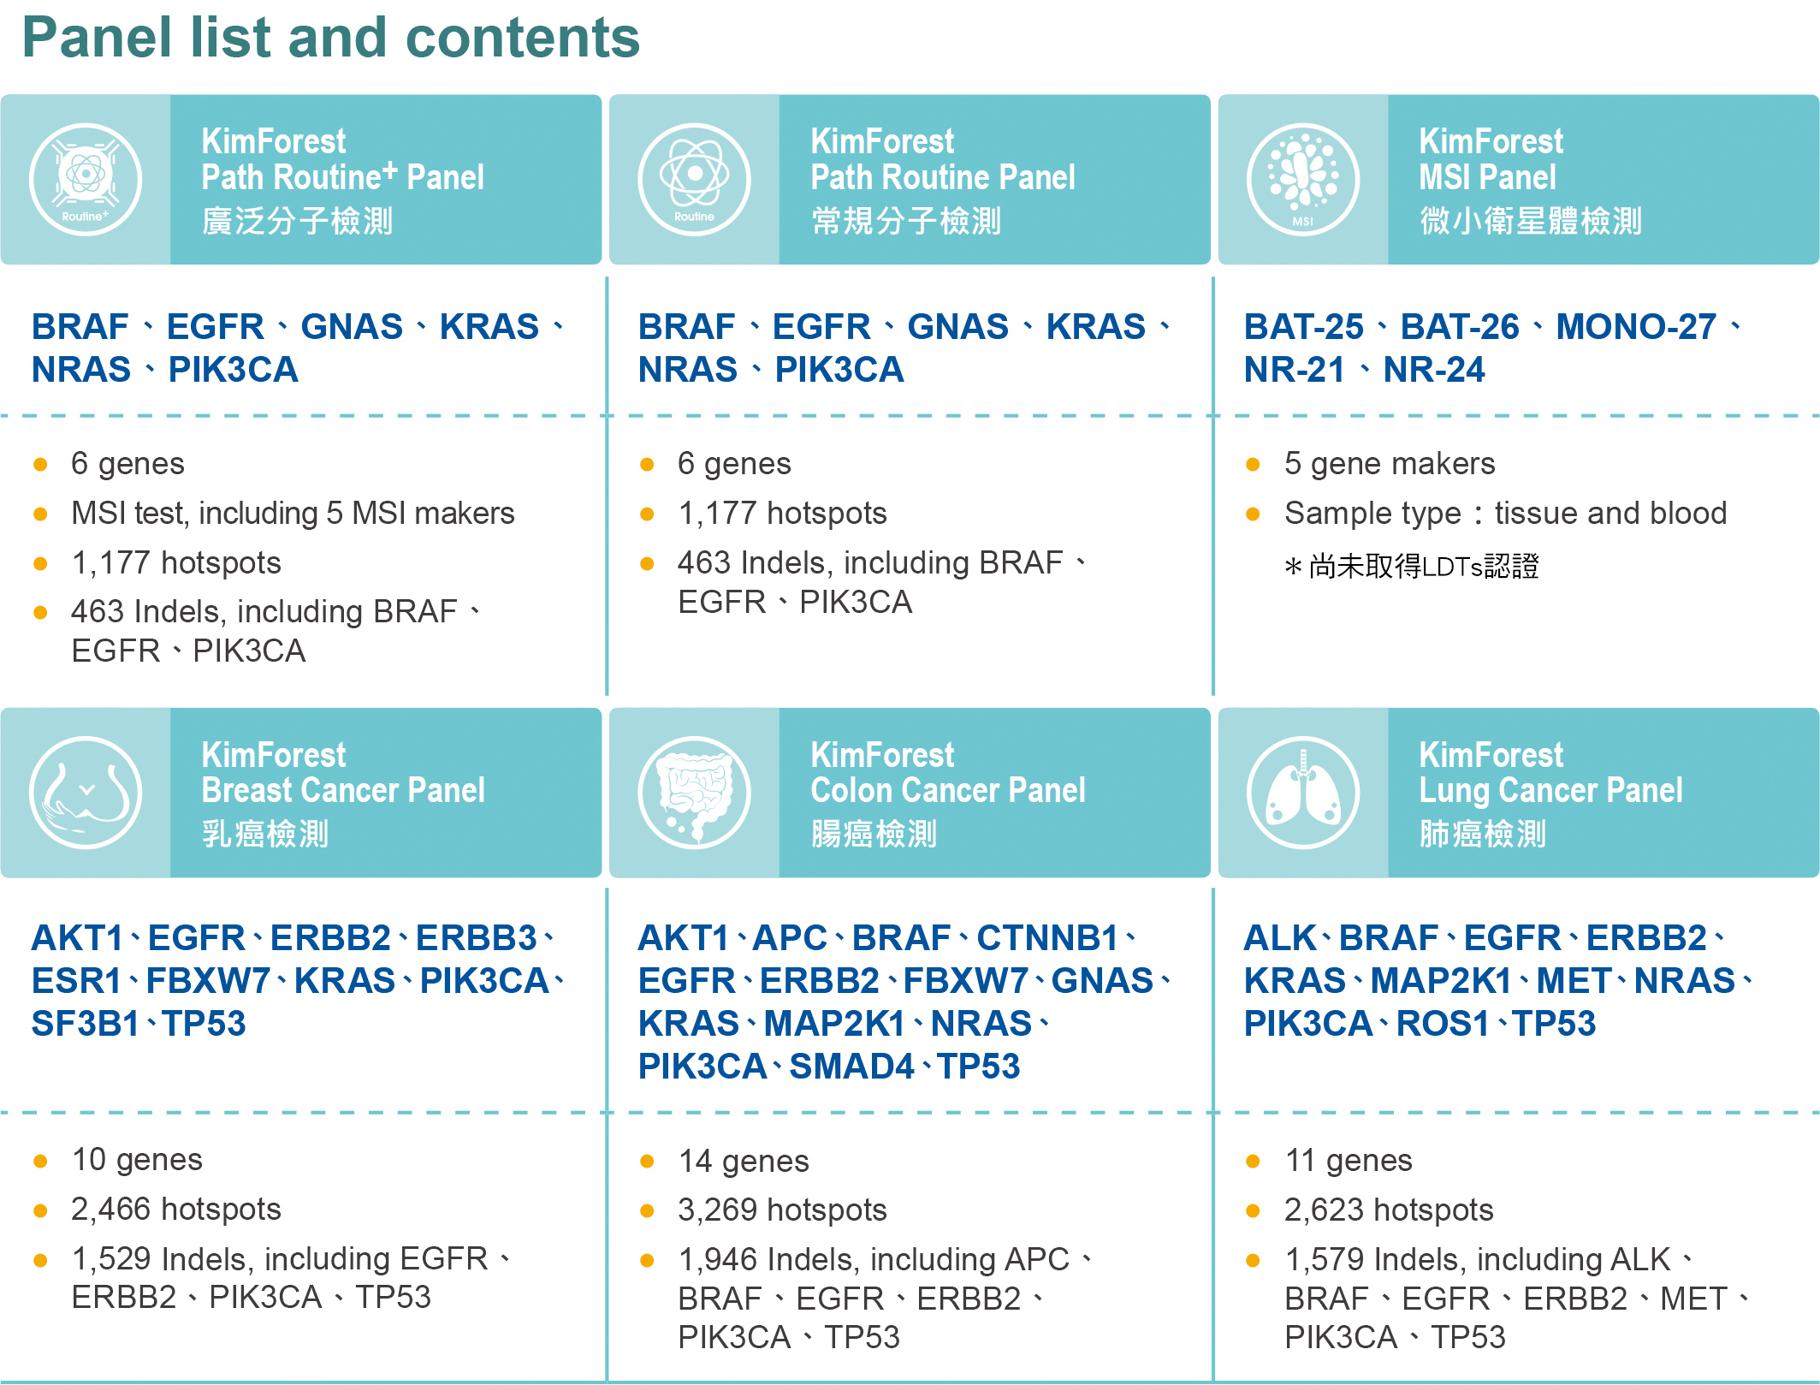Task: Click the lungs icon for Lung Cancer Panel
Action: pyautogui.click(x=1302, y=793)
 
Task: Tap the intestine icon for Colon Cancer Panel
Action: pyautogui.click(x=694, y=793)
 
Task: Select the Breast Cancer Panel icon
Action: pyautogui.click(x=86, y=793)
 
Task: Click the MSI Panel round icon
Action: pyautogui.click(x=1302, y=180)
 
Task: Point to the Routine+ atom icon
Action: pyautogui.click(x=86, y=180)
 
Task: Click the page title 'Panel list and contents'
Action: pyautogui.click(x=331, y=39)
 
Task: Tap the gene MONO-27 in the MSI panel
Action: pyautogui.click(x=1635, y=327)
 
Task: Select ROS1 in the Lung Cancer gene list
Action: pyautogui.click(x=1443, y=1024)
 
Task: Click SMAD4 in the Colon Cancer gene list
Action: pyautogui.click(x=851, y=1067)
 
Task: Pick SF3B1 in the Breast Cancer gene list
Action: pyautogui.click(x=85, y=1024)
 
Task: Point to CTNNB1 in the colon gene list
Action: pyautogui.click(x=1047, y=938)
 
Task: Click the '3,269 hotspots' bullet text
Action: pyautogui.click(x=782, y=1210)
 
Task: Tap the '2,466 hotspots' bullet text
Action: pyautogui.click(x=176, y=1209)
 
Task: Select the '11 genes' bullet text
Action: pyautogui.click(x=1349, y=1160)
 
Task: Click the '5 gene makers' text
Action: pyautogui.click(x=1390, y=463)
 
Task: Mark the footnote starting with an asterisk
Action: pyautogui.click(x=1412, y=566)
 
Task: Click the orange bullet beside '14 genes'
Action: pyautogui.click(x=647, y=1162)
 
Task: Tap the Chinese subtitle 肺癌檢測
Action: pyautogui.click(x=1482, y=834)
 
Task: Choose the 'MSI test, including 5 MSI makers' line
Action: pyautogui.click(x=293, y=513)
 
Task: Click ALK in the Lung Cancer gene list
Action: pyautogui.click(x=1279, y=938)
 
